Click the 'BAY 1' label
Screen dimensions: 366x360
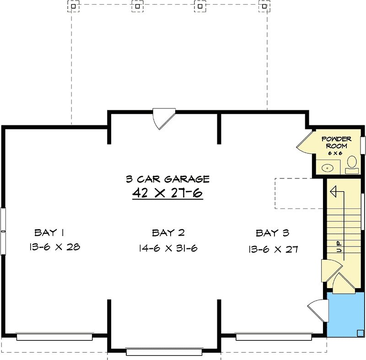click(49, 233)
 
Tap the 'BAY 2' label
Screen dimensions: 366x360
click(168, 233)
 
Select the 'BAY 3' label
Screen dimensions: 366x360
click(272, 233)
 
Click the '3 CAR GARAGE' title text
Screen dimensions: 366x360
click(168, 179)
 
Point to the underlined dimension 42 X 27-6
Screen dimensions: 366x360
click(167, 193)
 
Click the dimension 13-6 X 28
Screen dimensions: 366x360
click(54, 247)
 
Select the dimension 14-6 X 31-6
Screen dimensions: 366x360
click(168, 248)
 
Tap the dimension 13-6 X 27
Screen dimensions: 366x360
click(273, 249)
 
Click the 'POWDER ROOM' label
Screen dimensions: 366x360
click(336, 143)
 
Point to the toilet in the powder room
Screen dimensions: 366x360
click(352, 165)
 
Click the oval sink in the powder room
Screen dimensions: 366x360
click(328, 167)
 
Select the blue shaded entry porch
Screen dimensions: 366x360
click(345, 314)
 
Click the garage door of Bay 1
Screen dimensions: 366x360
click(54, 337)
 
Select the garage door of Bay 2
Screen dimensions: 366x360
click(164, 352)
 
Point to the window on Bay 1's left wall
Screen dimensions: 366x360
click(3, 231)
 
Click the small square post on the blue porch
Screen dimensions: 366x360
click(361, 333)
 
